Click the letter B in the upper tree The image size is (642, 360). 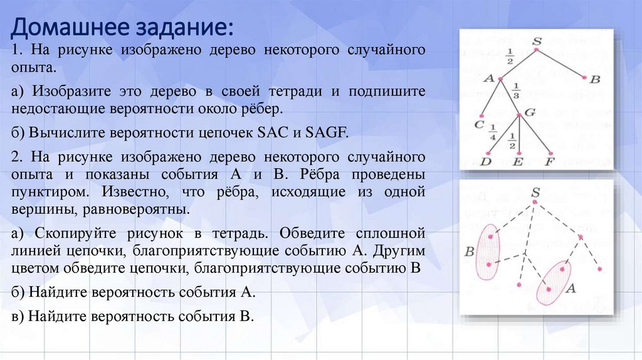[x=595, y=80]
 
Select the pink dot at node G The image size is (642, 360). [x=519, y=115]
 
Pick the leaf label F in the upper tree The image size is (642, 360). [x=550, y=162]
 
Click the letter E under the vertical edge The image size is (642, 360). [x=518, y=162]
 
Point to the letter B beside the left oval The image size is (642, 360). [x=469, y=252]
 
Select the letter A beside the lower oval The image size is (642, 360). [x=571, y=289]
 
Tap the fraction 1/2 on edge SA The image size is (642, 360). [x=510, y=56]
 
